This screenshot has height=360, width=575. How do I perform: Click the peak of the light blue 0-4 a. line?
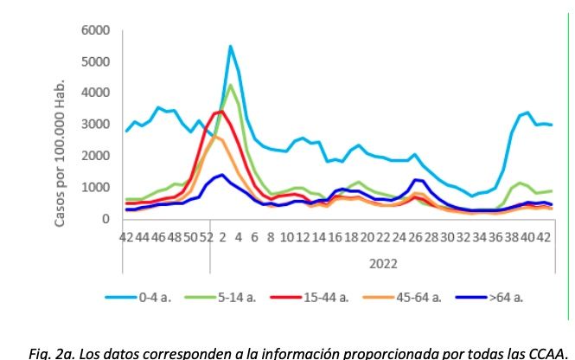230,46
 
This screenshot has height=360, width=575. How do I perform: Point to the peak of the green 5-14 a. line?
230,86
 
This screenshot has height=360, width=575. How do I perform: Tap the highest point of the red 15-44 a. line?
221,111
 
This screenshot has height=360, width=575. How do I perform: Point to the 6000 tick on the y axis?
96,30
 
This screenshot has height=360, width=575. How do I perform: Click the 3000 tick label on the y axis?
96,125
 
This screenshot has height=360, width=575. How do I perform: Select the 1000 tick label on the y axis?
96,188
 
